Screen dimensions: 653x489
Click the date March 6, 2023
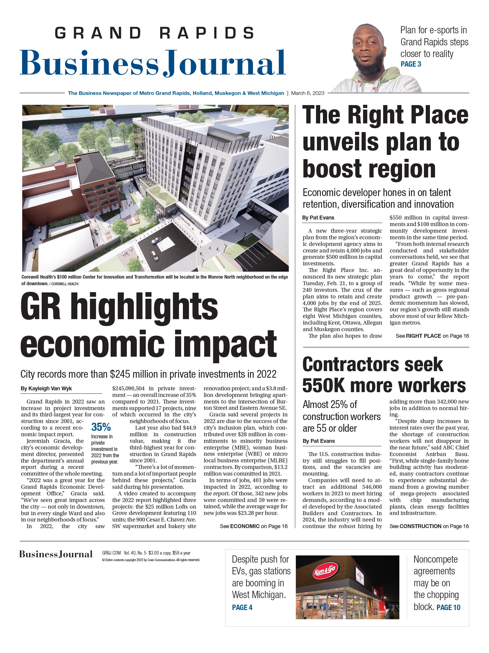(x=308, y=93)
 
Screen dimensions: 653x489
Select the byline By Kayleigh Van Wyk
(x=46, y=388)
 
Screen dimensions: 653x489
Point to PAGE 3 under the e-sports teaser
(x=411, y=64)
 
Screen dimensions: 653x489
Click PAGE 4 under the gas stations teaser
(x=242, y=607)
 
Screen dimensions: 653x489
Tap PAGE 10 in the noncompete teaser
(x=448, y=607)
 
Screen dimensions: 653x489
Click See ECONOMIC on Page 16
(x=254, y=526)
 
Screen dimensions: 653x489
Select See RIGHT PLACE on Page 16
(x=432, y=336)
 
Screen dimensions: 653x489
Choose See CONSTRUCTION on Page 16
(x=429, y=526)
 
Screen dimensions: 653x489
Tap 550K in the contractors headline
(x=324, y=385)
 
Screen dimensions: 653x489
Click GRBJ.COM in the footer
(x=112, y=553)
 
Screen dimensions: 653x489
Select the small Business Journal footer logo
(x=56, y=554)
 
